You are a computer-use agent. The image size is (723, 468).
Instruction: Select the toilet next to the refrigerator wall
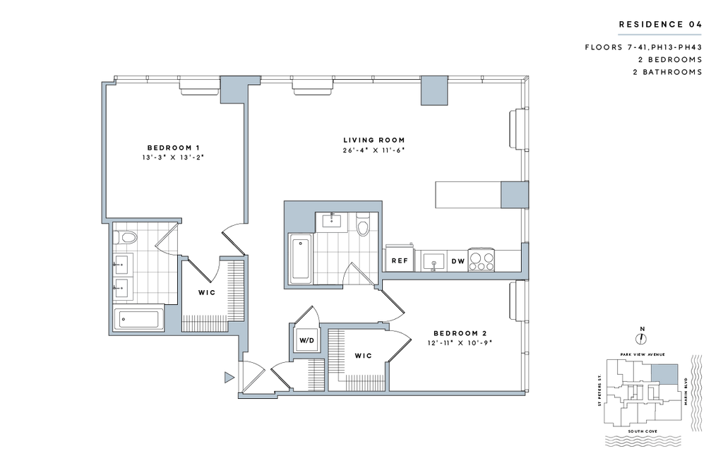pyautogui.click(x=363, y=224)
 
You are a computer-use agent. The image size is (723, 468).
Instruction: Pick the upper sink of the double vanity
pyautogui.click(x=121, y=265)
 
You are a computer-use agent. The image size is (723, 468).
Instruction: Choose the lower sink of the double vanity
pyautogui.click(x=121, y=287)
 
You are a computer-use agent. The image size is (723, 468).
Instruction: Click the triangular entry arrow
pyautogui.click(x=228, y=378)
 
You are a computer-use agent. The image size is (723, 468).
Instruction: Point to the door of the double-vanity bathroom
pyautogui.click(x=167, y=234)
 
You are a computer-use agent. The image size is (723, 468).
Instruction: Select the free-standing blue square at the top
pyautogui.click(x=434, y=90)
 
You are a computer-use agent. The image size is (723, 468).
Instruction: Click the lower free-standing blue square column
pyautogui.click(x=515, y=195)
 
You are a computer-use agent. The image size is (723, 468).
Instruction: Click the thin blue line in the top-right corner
pyautogui.click(x=659, y=35)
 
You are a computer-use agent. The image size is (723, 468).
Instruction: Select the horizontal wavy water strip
pyautogui.click(x=643, y=440)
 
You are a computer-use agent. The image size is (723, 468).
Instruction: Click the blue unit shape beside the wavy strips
pyautogui.click(x=664, y=373)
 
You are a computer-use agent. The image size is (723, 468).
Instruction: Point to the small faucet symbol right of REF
pyautogui.click(x=434, y=265)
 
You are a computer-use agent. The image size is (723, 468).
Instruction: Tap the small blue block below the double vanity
pyautogui.click(x=171, y=317)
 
